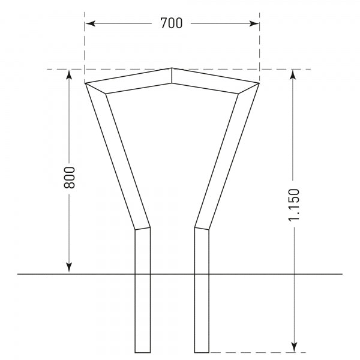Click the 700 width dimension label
pos(172,23)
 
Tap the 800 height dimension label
pos(69,177)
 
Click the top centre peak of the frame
pos(172,68)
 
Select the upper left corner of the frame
pos(87,83)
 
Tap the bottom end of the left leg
pos(142,351)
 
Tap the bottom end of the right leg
pos(202,351)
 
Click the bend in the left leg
pos(142,228)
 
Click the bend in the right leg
pos(202,228)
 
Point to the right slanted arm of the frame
pos(226,156)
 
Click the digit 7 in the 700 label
pos(164,23)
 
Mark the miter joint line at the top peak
pos(172,75)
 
